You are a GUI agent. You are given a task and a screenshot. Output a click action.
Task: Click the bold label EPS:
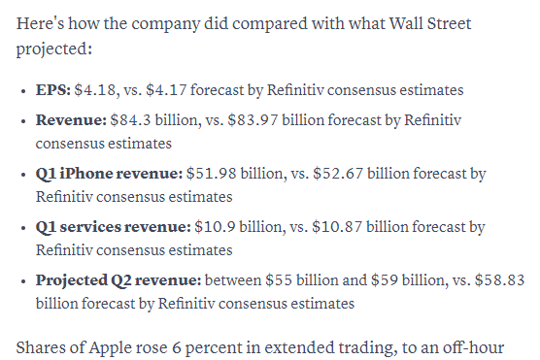pos(53,90)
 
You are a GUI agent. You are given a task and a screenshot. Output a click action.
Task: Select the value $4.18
pos(95,90)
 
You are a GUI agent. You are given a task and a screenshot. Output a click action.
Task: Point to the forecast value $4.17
pos(166,90)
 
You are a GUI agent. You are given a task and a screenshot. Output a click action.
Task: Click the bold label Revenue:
pos(71,120)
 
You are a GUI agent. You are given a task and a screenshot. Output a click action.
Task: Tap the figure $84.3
pos(130,120)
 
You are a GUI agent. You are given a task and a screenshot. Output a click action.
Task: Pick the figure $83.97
pos(253,120)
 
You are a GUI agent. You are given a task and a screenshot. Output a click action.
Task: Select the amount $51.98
pos(212,174)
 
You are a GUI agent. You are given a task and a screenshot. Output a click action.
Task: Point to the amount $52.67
pos(338,174)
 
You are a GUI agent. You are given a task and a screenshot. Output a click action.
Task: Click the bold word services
pos(90,227)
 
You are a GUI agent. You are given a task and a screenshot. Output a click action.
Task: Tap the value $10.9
pos(215,227)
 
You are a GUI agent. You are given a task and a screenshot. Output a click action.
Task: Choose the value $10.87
pos(337,227)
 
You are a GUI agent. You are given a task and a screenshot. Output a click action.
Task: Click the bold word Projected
pos(72,280)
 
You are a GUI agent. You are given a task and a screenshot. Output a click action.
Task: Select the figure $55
pos(279,280)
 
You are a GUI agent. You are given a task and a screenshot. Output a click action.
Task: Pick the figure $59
pos(385,280)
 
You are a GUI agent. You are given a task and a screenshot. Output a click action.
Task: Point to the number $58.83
pos(500,280)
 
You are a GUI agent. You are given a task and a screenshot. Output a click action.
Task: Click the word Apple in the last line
pos(109,348)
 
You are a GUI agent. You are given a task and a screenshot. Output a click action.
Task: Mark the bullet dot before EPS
pos(23,91)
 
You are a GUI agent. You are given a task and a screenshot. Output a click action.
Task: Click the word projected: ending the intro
pos(54,49)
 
